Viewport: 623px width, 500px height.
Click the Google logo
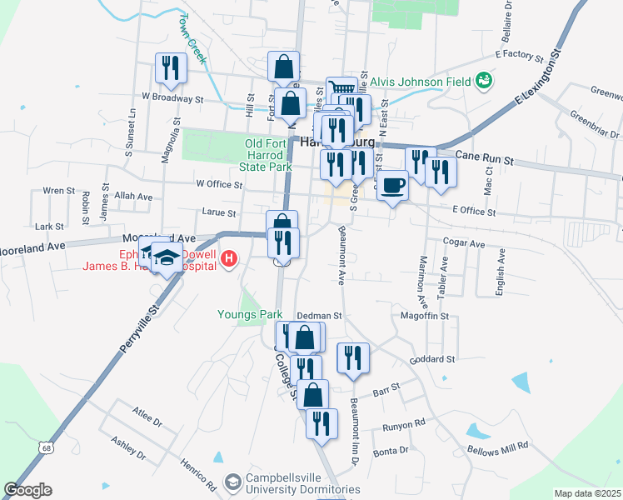tap(27, 490)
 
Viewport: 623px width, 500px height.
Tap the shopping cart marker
tap(341, 89)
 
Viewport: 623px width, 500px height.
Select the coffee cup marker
tap(392, 186)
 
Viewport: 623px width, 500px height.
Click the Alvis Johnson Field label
tap(420, 81)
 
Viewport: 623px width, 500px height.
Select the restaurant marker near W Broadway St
tap(171, 68)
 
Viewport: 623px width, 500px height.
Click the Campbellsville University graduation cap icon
tap(234, 482)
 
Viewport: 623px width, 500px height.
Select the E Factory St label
tap(518, 56)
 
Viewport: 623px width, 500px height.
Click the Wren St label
tap(58, 191)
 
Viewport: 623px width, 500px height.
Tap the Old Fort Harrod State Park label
tap(267, 156)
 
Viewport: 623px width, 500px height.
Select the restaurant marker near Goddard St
tap(353, 358)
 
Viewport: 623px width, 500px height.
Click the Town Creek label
tap(191, 33)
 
